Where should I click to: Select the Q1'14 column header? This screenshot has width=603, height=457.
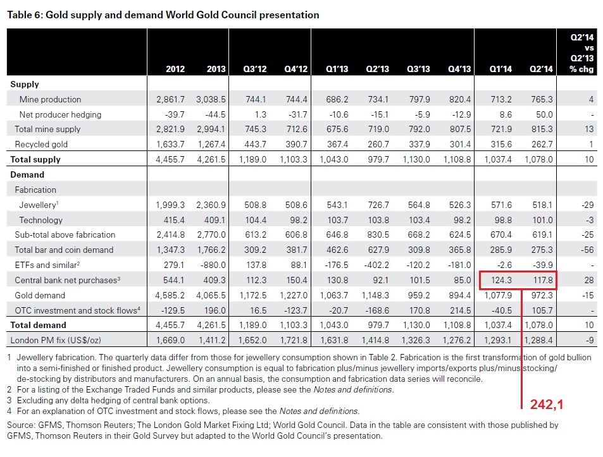click(x=501, y=69)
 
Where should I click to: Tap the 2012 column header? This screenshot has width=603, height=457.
click(x=175, y=69)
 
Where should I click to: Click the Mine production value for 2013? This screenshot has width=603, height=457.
click(x=212, y=99)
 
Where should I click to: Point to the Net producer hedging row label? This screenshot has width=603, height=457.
click(x=60, y=114)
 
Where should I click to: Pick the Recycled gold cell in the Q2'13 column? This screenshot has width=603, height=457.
click(x=379, y=144)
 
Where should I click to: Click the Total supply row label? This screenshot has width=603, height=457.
click(x=35, y=160)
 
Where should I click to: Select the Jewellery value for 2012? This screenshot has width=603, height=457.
click(x=171, y=205)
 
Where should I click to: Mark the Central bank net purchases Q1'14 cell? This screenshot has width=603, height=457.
click(x=500, y=280)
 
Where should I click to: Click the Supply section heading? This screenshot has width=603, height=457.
click(x=25, y=84)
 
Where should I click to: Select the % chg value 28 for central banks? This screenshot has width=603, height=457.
click(x=588, y=280)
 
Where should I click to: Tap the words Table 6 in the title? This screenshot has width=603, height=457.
click(x=25, y=15)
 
